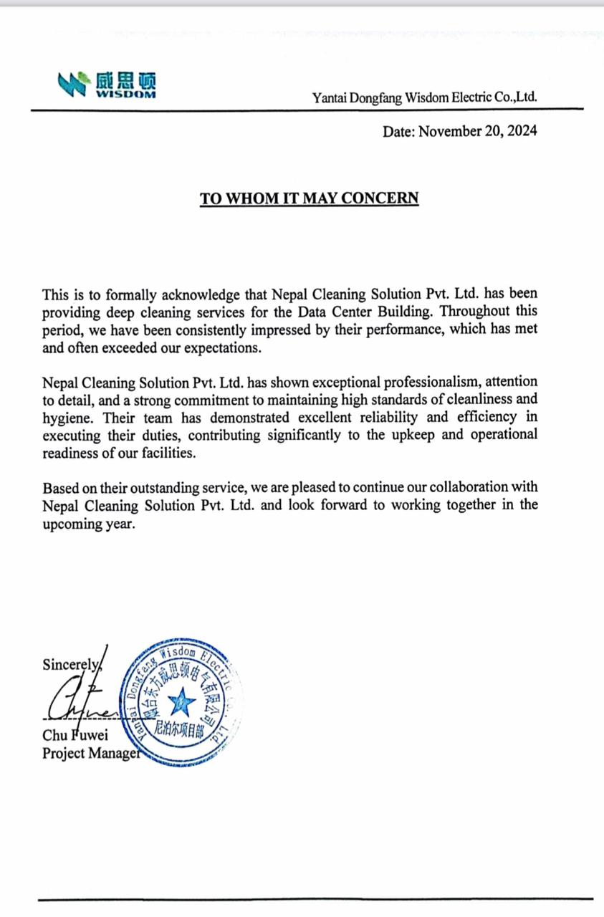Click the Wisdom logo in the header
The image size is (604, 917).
point(108,84)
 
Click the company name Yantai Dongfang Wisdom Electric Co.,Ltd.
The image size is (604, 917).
point(425,98)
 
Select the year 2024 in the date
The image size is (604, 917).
point(520,131)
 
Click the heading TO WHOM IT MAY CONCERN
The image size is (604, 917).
point(309,198)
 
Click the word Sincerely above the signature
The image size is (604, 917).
point(71,664)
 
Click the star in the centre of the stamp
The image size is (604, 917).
point(181,702)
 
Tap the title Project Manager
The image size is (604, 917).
point(90,753)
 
